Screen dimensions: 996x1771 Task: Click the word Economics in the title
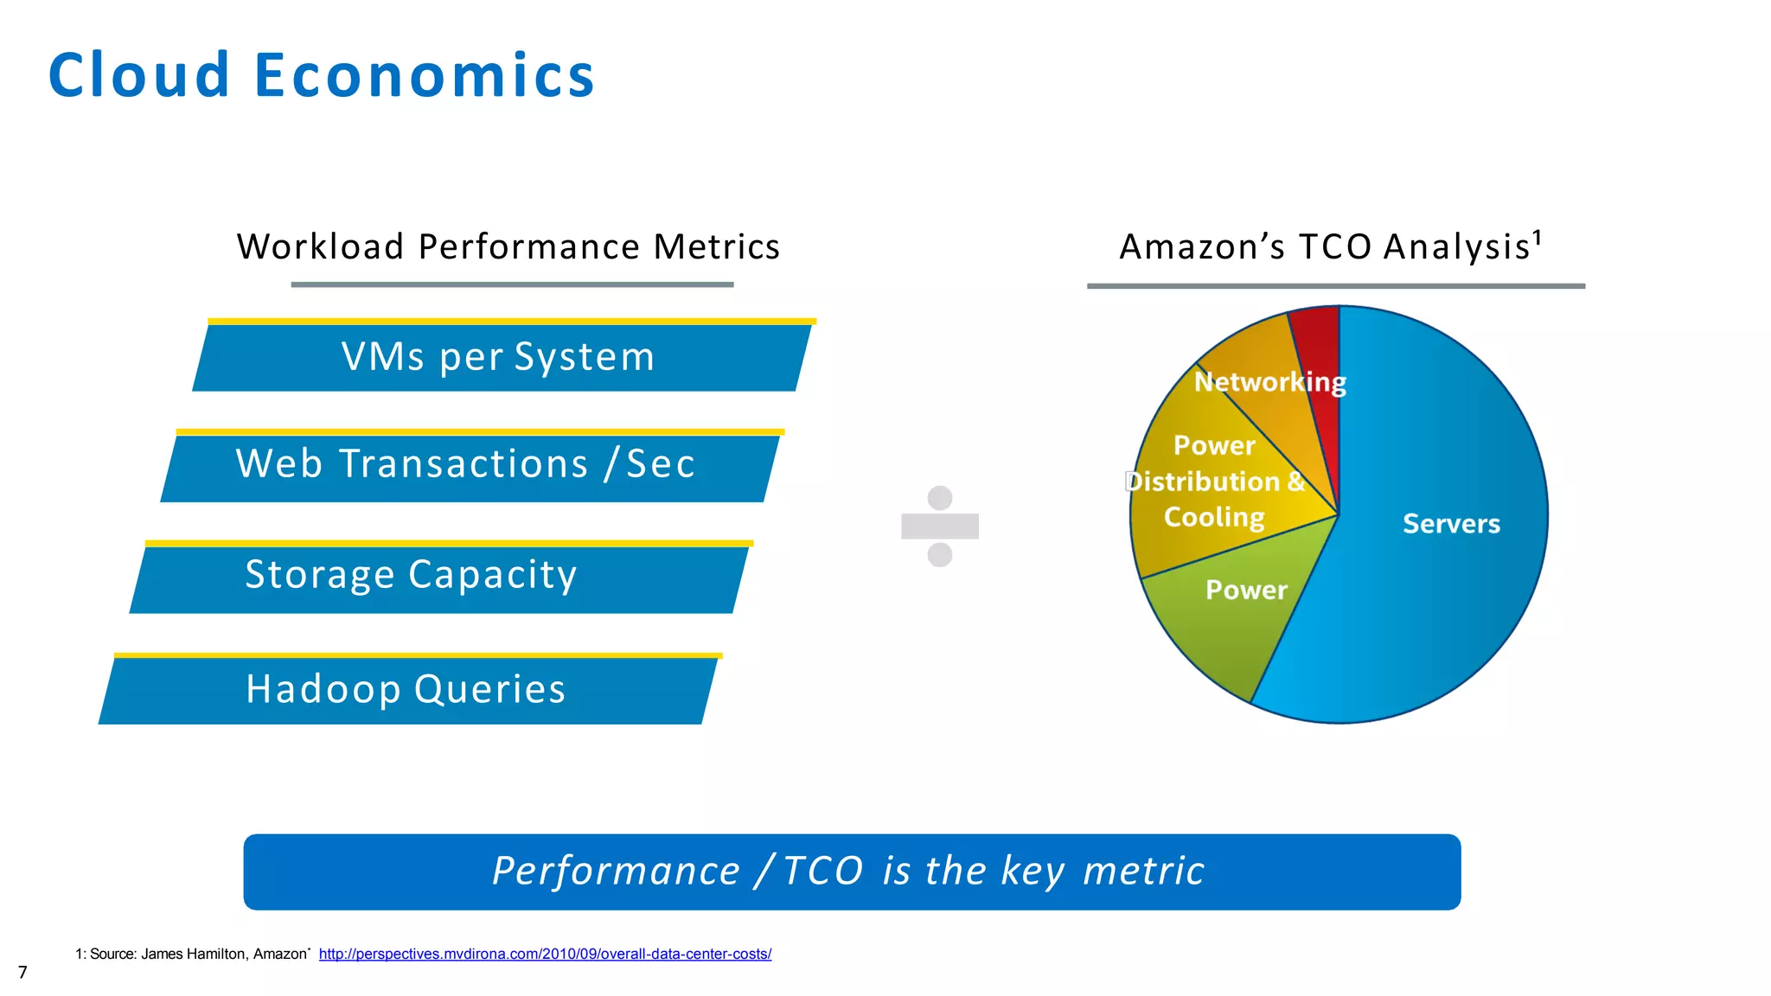(x=424, y=75)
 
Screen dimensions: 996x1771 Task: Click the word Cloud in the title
(x=139, y=75)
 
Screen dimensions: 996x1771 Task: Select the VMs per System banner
(x=499, y=357)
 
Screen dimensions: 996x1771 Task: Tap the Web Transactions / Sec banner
(x=466, y=464)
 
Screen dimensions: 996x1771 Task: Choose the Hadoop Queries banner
(x=406, y=689)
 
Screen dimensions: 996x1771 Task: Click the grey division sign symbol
(x=939, y=526)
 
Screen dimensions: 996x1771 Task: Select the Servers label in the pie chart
(x=1451, y=524)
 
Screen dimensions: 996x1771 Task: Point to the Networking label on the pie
(x=1269, y=382)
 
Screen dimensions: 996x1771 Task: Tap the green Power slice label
(x=1246, y=591)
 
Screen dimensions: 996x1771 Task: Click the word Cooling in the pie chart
(x=1214, y=517)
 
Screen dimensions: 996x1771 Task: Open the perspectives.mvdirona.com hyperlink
(x=545, y=954)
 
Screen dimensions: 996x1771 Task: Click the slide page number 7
(x=22, y=973)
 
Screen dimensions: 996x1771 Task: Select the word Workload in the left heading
(x=321, y=247)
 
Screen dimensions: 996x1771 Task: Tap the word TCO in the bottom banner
(x=823, y=871)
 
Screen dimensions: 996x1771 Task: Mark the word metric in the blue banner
(x=1143, y=871)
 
